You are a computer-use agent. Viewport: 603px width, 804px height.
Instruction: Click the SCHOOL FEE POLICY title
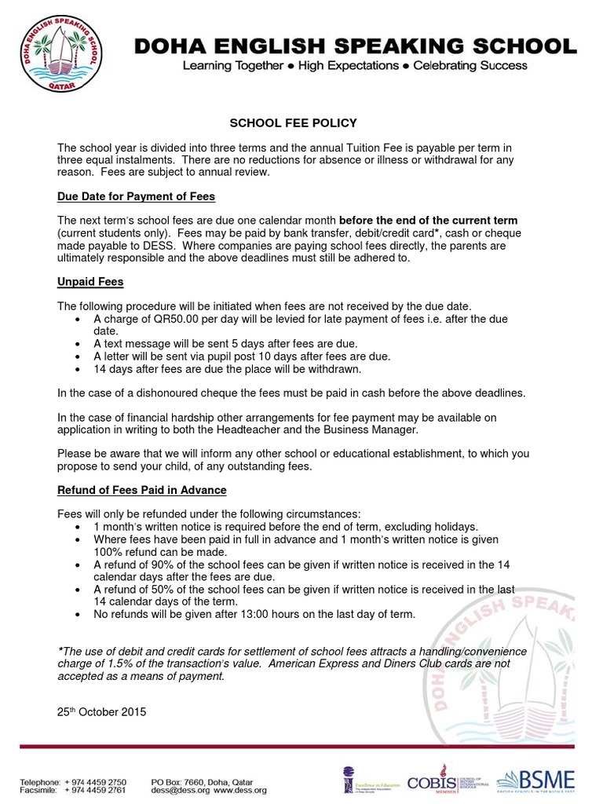tap(293, 123)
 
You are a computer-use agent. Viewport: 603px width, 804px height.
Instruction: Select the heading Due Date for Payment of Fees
tap(136, 196)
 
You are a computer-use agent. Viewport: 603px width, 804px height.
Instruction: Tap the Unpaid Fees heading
tap(90, 281)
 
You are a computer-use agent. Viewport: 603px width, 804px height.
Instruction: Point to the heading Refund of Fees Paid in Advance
tap(142, 490)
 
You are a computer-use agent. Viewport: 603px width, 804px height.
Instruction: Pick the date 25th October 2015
tap(101, 712)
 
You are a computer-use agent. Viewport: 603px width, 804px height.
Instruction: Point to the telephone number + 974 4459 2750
tap(96, 782)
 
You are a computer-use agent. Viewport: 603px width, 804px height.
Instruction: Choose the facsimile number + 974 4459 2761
tap(96, 791)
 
